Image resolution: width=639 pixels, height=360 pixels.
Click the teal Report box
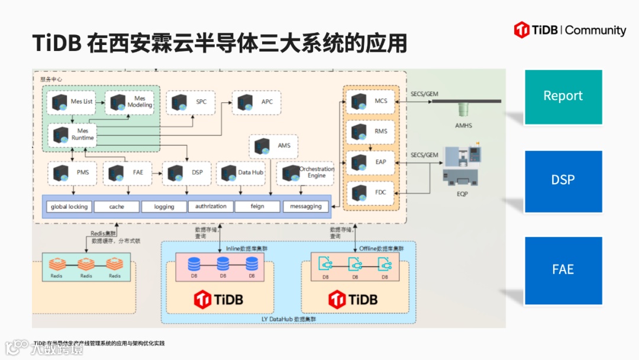click(563, 97)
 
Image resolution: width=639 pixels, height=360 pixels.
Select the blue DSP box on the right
click(563, 181)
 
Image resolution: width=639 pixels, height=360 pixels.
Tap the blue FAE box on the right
click(563, 270)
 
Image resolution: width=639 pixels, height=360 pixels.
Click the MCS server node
click(371, 101)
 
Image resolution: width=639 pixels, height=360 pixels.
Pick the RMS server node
click(371, 131)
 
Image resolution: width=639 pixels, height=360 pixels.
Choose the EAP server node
click(371, 162)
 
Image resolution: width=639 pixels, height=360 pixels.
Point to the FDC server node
click(371, 192)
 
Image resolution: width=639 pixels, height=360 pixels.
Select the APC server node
click(255, 102)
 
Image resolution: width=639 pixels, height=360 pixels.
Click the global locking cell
click(69, 207)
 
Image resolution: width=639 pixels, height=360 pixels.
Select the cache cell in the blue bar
click(117, 207)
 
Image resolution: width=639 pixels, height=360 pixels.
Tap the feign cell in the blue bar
click(257, 207)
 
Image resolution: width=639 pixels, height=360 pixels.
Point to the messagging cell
click(306, 207)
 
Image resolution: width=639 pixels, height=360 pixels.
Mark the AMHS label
click(463, 126)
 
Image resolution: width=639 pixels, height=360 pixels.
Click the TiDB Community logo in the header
click(569, 30)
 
